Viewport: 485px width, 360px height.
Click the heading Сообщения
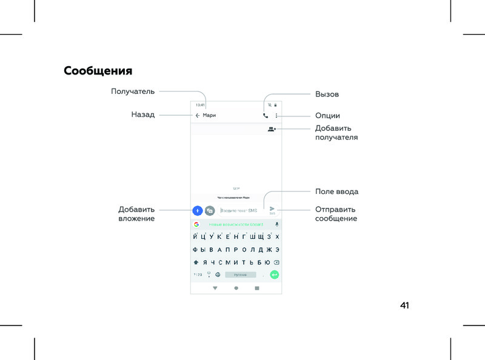tap(98, 71)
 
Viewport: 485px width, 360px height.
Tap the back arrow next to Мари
tap(197, 115)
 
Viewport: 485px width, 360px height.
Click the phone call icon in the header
tap(266, 115)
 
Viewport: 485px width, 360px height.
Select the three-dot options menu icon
tap(276, 115)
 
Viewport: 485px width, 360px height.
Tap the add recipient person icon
tap(272, 129)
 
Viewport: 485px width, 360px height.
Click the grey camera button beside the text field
tap(210, 211)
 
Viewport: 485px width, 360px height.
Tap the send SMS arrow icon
tap(272, 209)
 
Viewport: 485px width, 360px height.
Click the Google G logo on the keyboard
tap(196, 224)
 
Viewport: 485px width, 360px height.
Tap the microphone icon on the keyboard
tap(276, 224)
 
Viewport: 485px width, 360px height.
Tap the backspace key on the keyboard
tap(276, 262)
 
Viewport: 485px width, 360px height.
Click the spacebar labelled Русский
tap(240, 275)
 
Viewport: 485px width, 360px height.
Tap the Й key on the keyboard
tap(195, 236)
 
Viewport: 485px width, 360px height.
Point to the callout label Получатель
tap(133, 92)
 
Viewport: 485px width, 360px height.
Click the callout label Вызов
tap(327, 95)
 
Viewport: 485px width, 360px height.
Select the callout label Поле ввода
tap(336, 192)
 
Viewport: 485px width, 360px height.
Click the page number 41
tap(404, 305)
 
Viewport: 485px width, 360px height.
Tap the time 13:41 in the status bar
tap(200, 105)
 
